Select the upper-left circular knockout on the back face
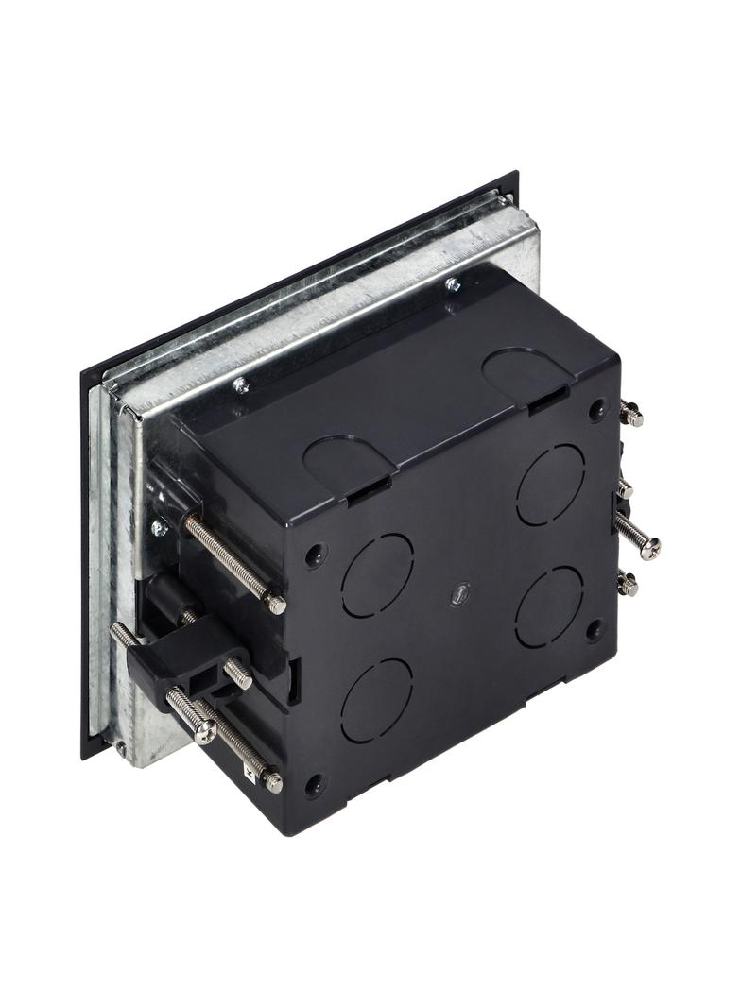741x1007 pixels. point(377,575)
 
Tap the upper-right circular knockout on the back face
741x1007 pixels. point(551,485)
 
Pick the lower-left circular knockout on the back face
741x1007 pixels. point(376,699)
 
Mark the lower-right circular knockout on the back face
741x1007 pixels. point(550,606)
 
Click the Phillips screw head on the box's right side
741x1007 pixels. point(649,547)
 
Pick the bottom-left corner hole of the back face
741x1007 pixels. point(313,784)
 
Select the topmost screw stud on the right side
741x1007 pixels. point(631,413)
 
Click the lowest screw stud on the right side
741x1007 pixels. point(628,585)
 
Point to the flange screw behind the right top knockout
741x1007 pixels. point(453,283)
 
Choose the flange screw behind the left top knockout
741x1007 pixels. point(241,384)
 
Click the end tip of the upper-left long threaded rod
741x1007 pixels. point(276,604)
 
